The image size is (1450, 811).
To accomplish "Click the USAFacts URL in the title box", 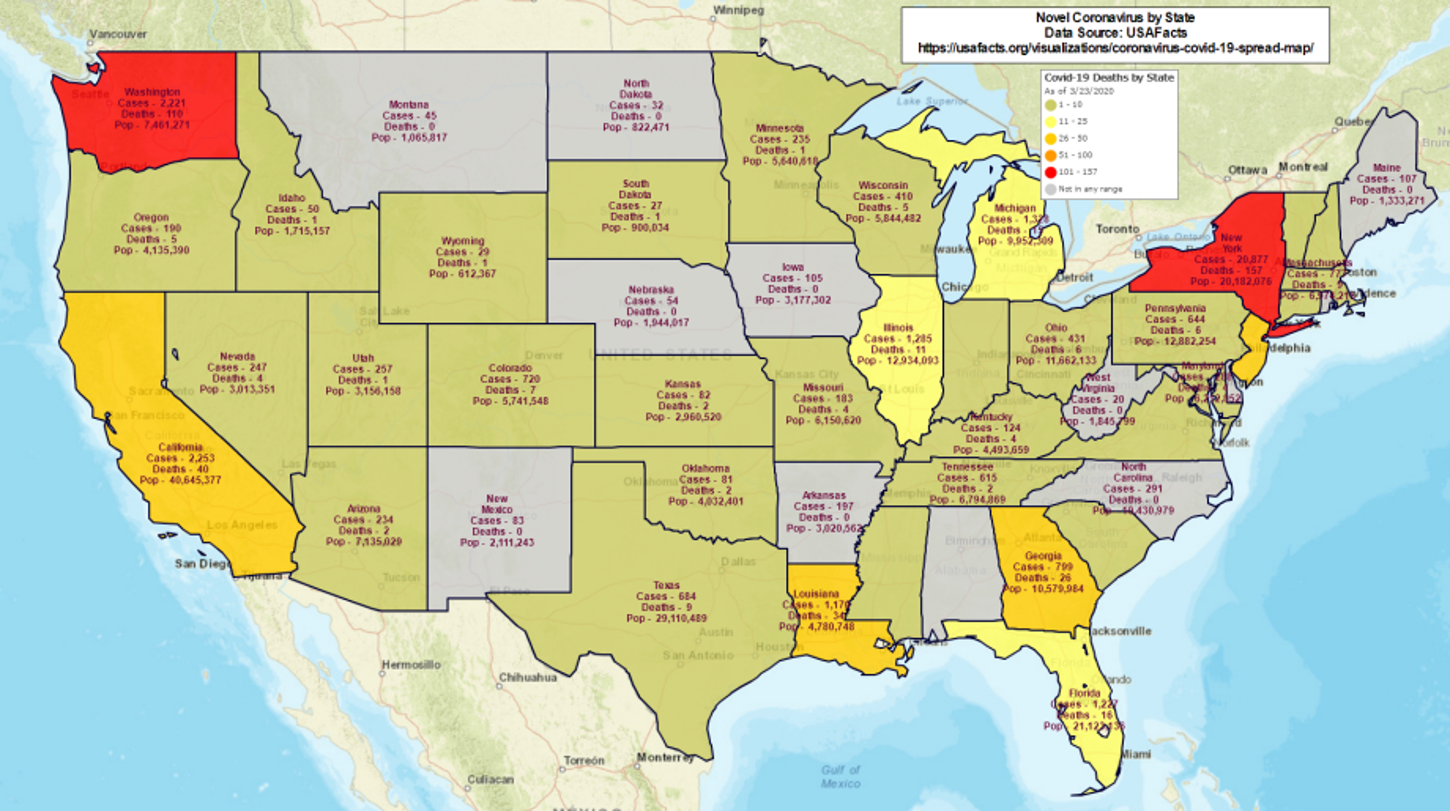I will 1115,48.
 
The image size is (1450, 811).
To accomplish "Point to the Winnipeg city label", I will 738,10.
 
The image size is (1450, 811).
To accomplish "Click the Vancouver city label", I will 118,34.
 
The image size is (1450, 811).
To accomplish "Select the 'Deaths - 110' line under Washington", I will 152,114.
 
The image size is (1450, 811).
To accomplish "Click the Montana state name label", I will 409,105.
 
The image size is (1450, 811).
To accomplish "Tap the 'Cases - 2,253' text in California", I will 180,458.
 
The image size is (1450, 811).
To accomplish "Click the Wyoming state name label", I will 463,241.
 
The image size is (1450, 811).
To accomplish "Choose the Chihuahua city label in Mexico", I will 528,678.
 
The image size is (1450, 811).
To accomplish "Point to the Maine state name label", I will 1387,168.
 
